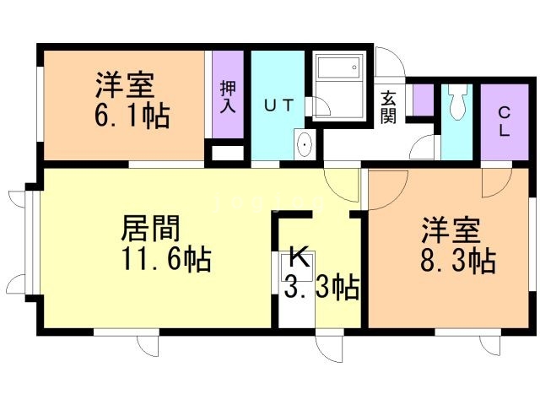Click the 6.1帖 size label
click(132, 115)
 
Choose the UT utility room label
click(278, 105)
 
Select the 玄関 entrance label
click(388, 105)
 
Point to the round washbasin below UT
click(304, 146)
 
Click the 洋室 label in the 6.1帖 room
click(122, 85)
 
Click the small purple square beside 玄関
click(422, 100)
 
